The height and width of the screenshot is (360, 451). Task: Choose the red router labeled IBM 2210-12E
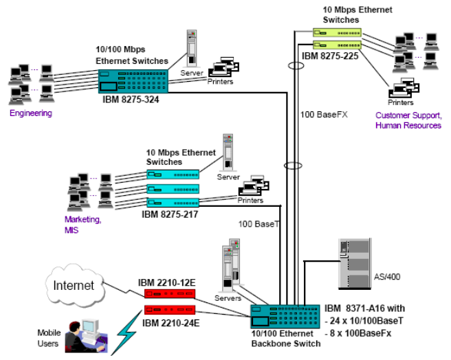click(170, 293)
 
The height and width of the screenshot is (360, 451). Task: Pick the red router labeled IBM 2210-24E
click(170, 310)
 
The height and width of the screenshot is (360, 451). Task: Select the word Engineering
click(32, 113)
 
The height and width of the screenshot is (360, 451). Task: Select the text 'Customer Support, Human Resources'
click(408, 122)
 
